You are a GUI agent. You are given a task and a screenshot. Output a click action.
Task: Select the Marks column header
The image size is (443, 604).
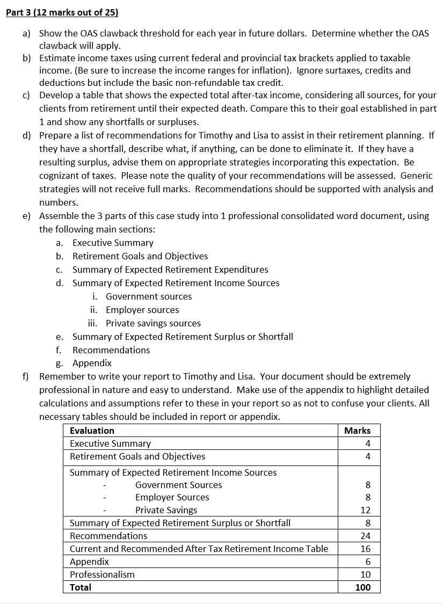[358, 431]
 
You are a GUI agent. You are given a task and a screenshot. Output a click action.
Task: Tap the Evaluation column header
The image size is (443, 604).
[92, 431]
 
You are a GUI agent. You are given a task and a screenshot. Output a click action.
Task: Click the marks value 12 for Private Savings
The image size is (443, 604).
[365, 510]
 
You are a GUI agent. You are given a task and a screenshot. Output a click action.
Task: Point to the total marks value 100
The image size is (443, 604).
[363, 587]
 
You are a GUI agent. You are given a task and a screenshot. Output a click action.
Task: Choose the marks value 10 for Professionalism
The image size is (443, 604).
[365, 574]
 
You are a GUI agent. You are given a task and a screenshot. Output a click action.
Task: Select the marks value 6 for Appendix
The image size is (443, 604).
[367, 562]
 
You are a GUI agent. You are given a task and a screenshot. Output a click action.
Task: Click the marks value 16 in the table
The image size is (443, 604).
[365, 549]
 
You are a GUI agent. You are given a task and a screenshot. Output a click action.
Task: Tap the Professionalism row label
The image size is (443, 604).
[103, 574]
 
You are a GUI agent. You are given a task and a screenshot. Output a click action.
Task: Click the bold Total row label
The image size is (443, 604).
[81, 587]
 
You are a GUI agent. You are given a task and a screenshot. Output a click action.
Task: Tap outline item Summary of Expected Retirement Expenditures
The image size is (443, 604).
[170, 270]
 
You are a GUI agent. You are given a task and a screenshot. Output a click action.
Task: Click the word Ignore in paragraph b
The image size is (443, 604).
[310, 70]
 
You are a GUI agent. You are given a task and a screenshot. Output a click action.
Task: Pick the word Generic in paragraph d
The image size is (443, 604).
[417, 176]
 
